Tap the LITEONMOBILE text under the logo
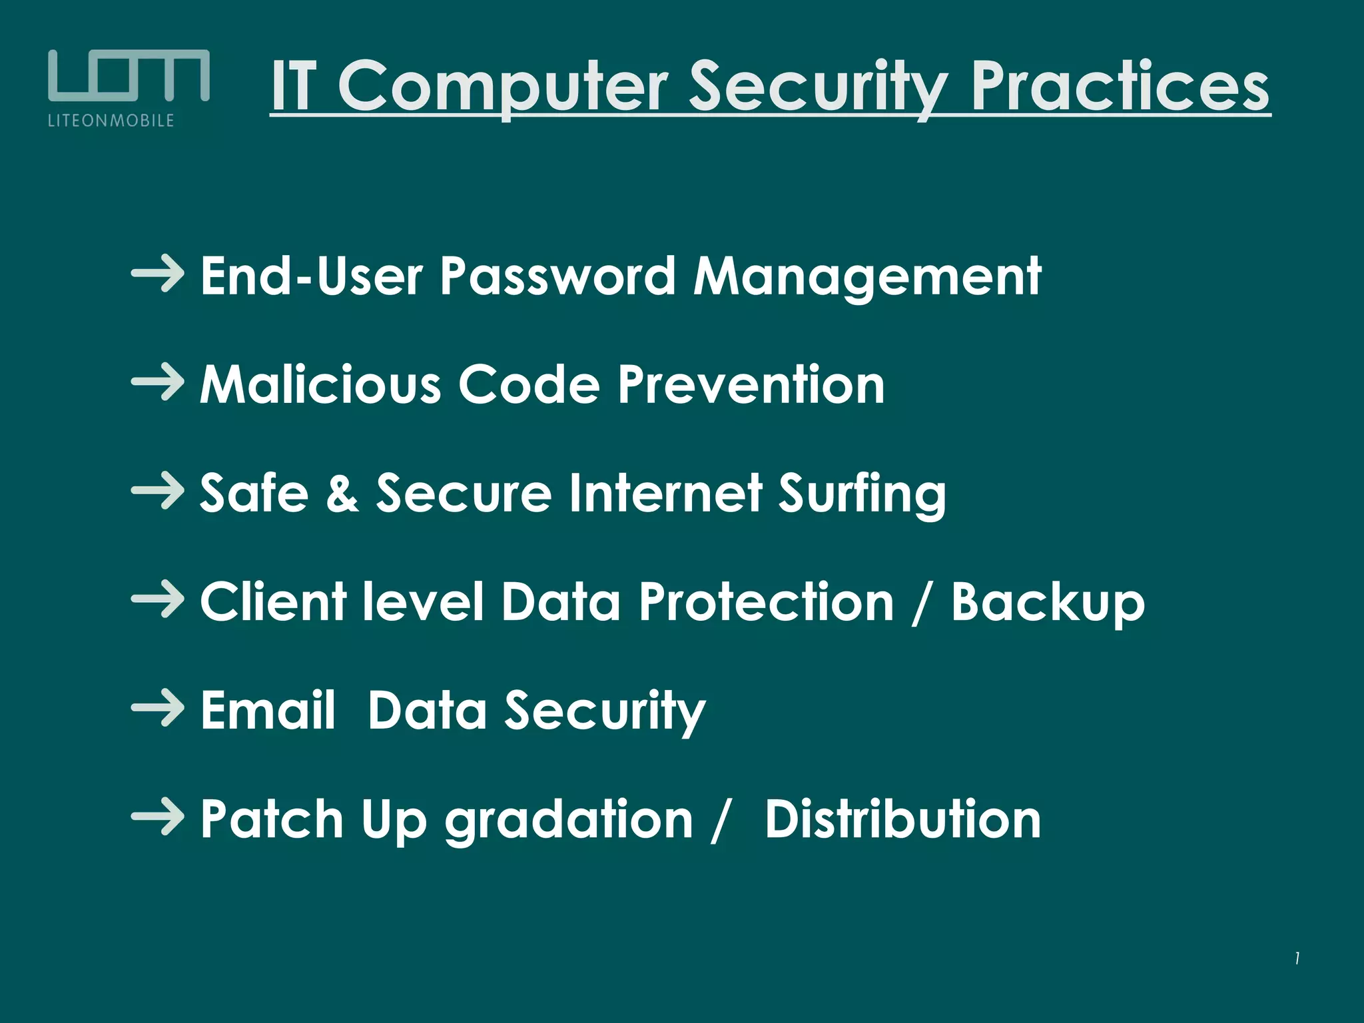pos(111,121)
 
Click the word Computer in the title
pos(503,87)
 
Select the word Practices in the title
pos(1120,87)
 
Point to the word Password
pos(557,276)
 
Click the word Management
pos(867,277)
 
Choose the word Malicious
pos(320,384)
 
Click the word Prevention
pos(751,384)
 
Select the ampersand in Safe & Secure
pos(342,493)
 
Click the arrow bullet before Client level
pos(158,599)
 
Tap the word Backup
pos(1048,602)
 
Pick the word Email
pos(268,710)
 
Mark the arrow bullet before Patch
pos(158,817)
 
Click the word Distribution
pos(902,819)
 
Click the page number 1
pos(1297,958)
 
